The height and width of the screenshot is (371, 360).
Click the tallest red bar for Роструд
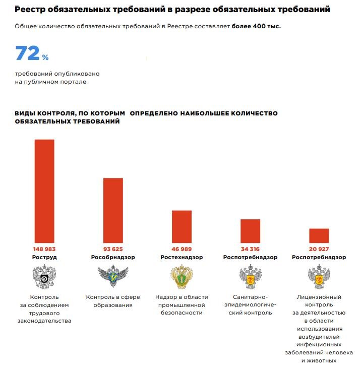pos(44,191)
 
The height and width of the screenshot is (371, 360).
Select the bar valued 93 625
pos(113,210)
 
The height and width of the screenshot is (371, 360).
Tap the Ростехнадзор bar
pos(182,226)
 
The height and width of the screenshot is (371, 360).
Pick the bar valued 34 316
pos(250,231)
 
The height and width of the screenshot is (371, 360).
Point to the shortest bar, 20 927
pos(319,235)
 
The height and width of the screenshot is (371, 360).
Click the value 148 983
pos(44,249)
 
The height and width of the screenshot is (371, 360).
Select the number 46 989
pos(182,249)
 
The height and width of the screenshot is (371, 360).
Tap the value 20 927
pos(319,249)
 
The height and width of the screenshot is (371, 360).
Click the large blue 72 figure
pos(27,53)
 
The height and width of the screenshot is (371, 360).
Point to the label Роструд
pos(44,257)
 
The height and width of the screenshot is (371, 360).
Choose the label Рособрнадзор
pos(113,257)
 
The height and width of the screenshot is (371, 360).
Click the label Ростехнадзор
pos(182,257)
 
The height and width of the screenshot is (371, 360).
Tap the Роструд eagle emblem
pos(44,277)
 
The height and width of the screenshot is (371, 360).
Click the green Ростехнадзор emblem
pos(182,277)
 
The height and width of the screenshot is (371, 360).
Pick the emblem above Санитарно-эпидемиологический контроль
pos(250,277)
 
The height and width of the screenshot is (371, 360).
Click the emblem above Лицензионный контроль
pos(319,277)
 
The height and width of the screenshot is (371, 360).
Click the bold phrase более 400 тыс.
pos(256,26)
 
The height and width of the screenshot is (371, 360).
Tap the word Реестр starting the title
pos(30,10)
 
